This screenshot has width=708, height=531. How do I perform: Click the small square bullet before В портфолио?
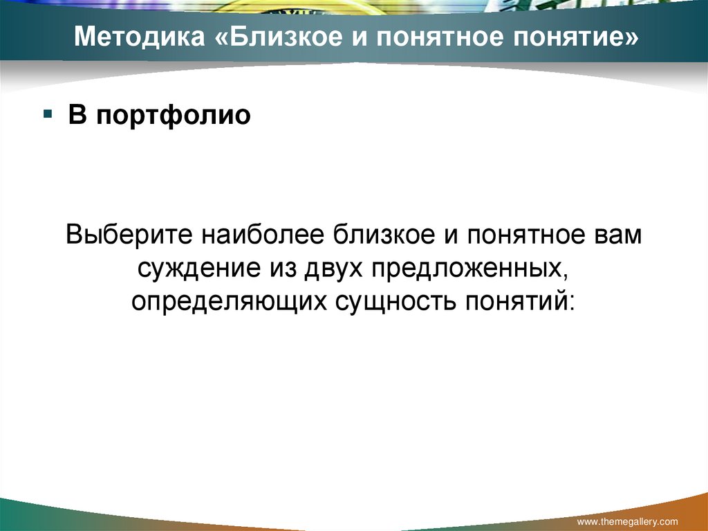[x=48, y=112]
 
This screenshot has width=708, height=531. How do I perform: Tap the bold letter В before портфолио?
[x=77, y=114]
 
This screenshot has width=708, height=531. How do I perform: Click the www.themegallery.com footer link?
[x=627, y=521]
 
